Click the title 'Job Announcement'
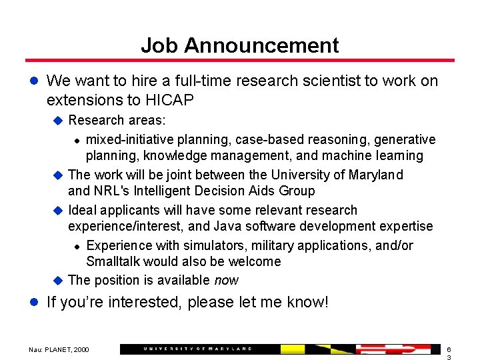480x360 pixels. tap(239, 45)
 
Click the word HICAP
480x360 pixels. tap(169, 100)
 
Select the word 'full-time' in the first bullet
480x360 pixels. tap(201, 81)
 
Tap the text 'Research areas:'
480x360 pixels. tap(117, 120)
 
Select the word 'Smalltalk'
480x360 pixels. tap(114, 262)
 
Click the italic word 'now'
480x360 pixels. tap(227, 281)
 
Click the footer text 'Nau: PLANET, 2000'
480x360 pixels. tap(59, 349)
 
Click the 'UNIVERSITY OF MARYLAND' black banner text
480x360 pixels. tap(197, 349)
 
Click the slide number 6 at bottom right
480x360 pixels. tap(449, 349)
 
